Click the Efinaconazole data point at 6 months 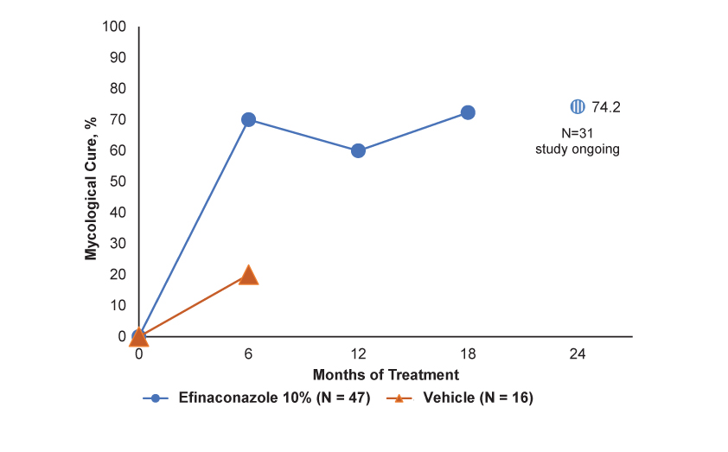tap(248, 119)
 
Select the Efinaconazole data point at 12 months tap(358, 150)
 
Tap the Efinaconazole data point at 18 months tap(468, 112)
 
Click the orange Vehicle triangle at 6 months tap(248, 275)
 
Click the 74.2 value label tap(607, 107)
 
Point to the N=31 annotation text tap(577, 133)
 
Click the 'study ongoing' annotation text tap(577, 149)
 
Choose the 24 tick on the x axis tap(578, 353)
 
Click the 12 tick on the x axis tap(358, 353)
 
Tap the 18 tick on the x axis tap(468, 353)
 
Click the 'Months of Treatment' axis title tap(386, 374)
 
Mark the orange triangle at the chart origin tap(138, 336)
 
